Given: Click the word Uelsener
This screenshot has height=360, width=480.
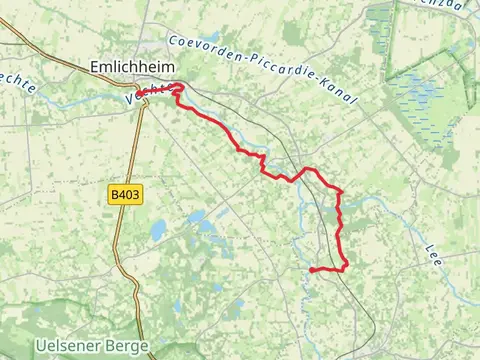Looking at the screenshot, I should point(70,346).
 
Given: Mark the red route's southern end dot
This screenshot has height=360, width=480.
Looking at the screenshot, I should point(313,270).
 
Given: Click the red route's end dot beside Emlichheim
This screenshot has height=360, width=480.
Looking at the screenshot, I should point(139,96).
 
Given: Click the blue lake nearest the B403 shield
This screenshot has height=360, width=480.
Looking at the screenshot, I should point(158,231).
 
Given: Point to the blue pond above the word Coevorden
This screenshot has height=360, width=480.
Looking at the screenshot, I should point(211,38).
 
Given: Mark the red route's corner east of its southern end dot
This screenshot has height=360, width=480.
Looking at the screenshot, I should point(345,268).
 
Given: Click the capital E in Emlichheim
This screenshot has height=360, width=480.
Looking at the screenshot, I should point(94,66).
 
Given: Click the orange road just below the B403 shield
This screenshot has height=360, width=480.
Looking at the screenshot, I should point(122,215).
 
